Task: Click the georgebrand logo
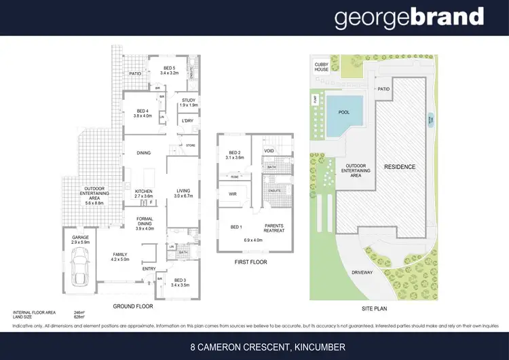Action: [409, 18]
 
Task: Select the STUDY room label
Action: [189, 103]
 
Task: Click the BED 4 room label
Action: [142, 113]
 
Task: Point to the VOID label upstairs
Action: [269, 151]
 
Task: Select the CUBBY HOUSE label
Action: [321, 66]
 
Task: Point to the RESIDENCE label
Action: [400, 166]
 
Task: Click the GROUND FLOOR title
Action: [133, 306]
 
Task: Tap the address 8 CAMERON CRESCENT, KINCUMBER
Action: [267, 347]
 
